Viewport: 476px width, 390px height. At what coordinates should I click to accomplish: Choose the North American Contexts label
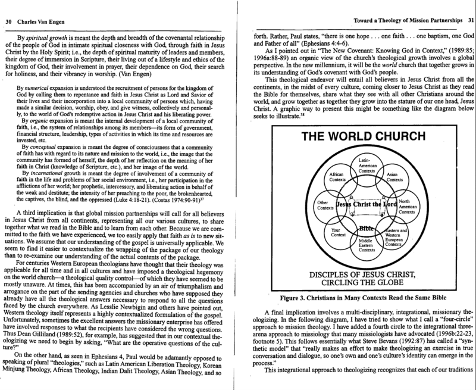(x=408, y=207)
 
